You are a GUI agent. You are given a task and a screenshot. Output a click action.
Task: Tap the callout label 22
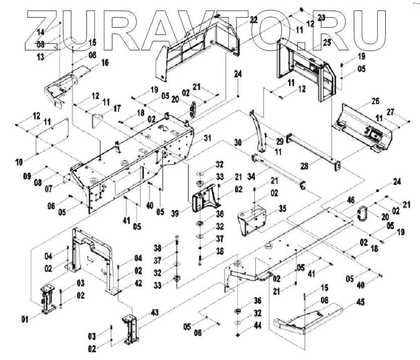(x=253, y=20)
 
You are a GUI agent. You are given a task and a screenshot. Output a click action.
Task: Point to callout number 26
(x=375, y=101)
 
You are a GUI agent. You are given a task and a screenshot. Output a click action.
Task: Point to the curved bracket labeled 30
(x=259, y=131)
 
